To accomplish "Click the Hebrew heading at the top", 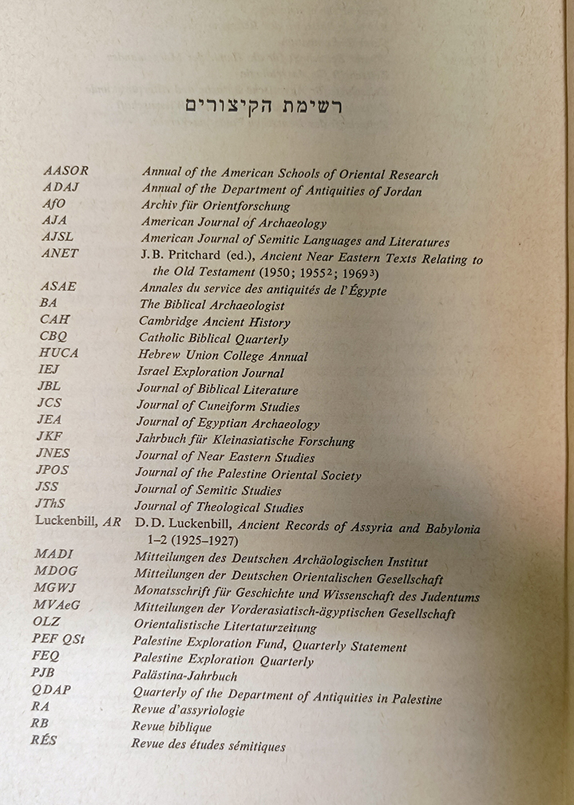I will pos(263,108).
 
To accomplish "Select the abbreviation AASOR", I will pos(65,171).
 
